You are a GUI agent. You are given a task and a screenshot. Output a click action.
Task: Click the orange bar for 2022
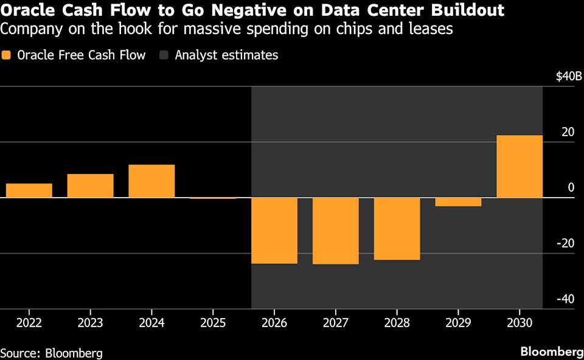click(29, 190)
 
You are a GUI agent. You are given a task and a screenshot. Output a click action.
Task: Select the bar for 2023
click(90, 185)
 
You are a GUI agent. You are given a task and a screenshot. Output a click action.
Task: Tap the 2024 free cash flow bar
click(151, 181)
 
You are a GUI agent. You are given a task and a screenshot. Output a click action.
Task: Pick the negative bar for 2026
click(274, 230)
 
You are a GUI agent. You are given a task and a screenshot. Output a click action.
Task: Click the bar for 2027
click(336, 231)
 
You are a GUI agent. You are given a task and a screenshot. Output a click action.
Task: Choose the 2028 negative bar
click(397, 229)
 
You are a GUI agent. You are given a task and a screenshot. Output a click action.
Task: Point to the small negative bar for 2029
click(458, 202)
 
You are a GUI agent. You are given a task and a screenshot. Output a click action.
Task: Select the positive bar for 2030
click(520, 167)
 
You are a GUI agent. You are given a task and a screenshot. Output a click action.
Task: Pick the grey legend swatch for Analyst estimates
click(164, 55)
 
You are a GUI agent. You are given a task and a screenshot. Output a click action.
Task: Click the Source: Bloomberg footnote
click(51, 353)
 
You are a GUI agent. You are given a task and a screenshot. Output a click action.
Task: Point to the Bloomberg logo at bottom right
click(551, 352)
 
